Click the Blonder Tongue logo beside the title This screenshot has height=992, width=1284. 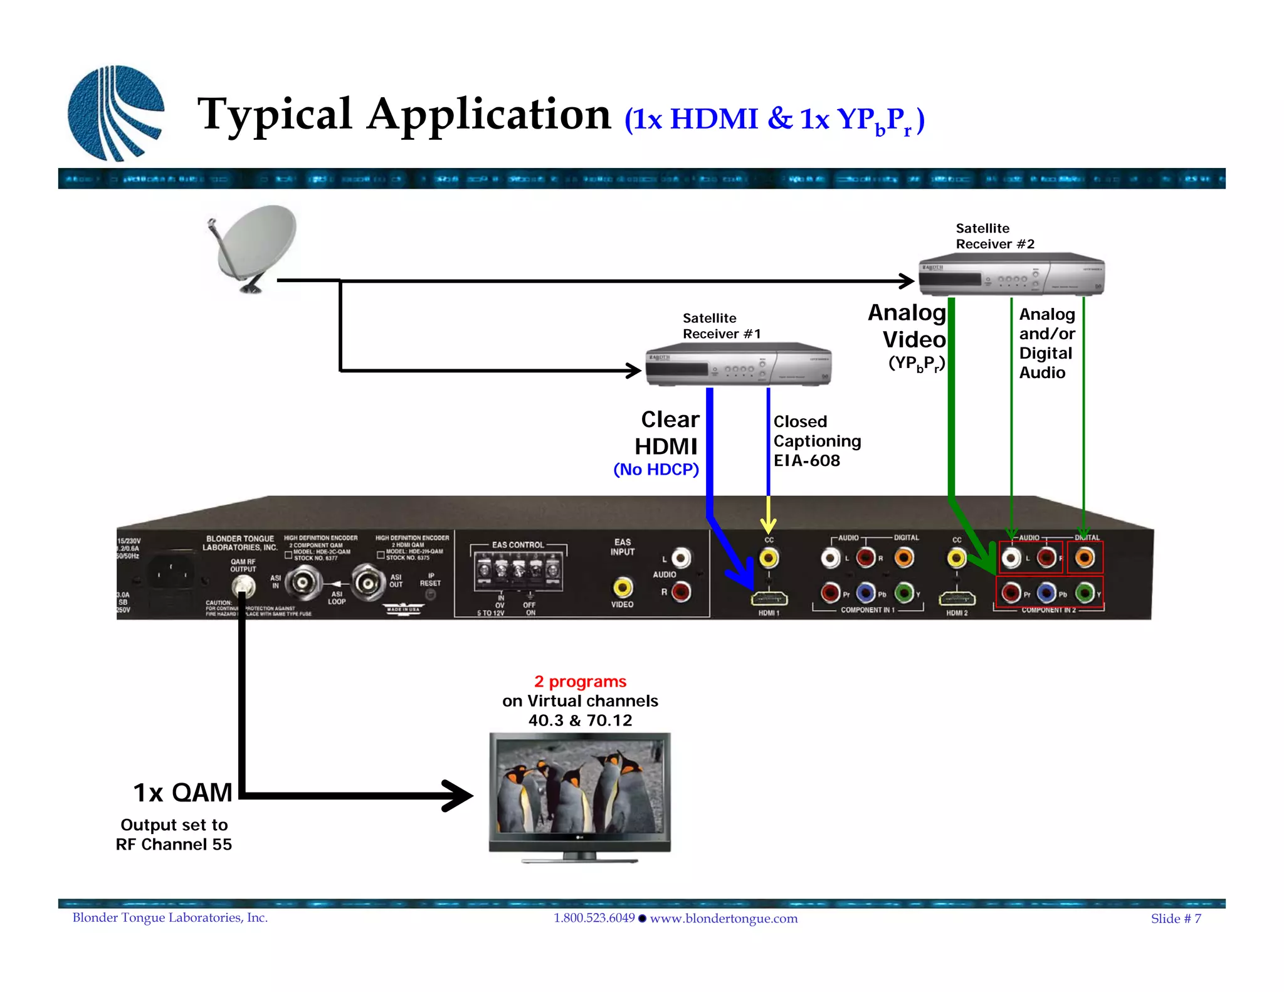point(116,113)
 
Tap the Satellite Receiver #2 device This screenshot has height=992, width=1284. point(1011,275)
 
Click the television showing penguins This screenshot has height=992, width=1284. point(579,793)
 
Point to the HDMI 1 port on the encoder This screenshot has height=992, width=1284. point(769,599)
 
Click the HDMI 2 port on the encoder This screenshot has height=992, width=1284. point(956,599)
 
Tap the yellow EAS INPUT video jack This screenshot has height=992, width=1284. point(622,588)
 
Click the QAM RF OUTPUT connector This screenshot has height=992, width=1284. point(243,586)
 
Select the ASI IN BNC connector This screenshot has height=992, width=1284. point(303,583)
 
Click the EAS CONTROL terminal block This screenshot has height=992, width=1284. point(518,571)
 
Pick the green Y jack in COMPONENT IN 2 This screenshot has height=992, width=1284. point(1085,592)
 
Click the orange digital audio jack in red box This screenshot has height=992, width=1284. point(1085,557)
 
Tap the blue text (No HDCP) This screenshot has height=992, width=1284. point(656,470)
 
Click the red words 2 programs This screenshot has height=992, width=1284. point(580,682)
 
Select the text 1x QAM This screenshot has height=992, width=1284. point(182,793)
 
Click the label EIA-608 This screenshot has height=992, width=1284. point(806,461)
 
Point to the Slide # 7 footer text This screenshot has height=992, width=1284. point(1176,919)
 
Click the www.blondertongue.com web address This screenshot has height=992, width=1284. point(724,919)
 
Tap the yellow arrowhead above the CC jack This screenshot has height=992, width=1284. point(769,525)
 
